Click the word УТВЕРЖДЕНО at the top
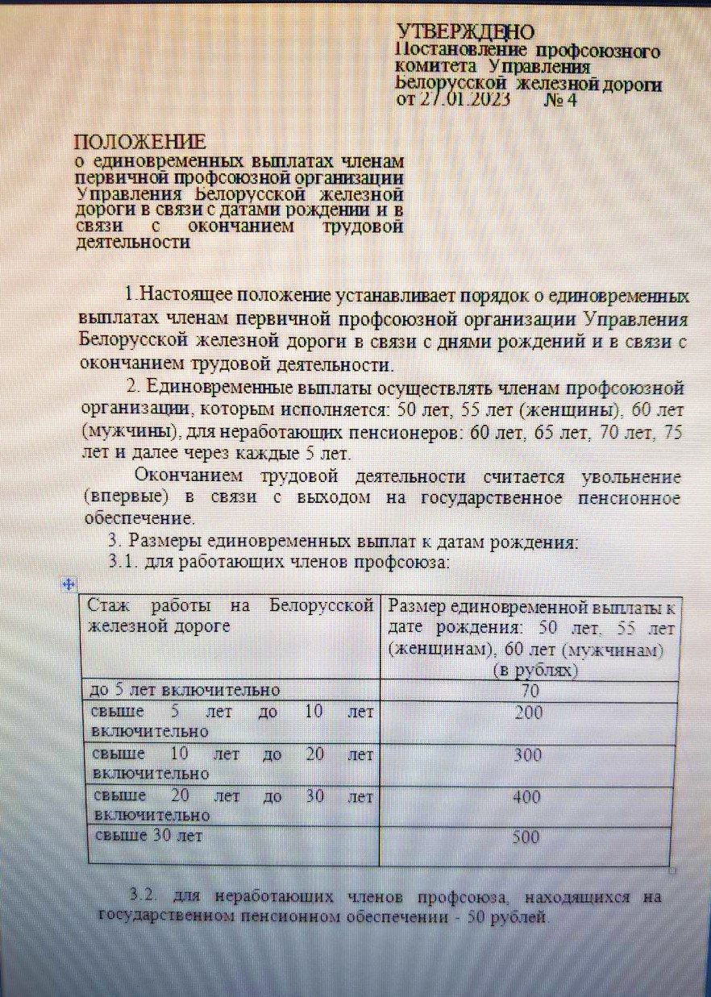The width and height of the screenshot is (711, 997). click(x=466, y=31)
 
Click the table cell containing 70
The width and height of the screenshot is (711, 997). click(x=529, y=691)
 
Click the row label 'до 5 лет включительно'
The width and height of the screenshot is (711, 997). click(x=187, y=691)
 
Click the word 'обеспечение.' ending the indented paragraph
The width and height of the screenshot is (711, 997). click(x=137, y=517)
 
